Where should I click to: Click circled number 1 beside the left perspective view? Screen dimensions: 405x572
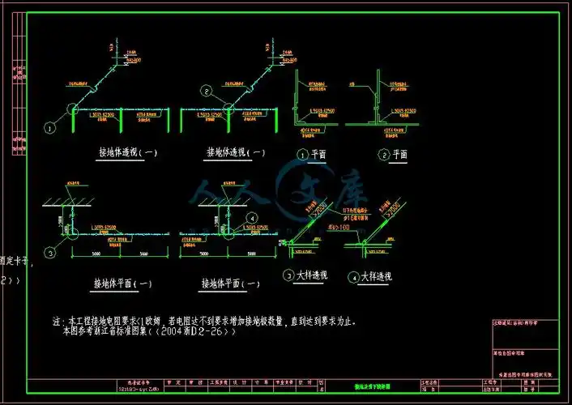(49, 128)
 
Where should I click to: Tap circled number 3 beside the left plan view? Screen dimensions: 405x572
(50, 254)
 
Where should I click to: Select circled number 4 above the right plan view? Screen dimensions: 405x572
(252, 218)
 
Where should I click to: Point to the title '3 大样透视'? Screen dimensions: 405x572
(305, 275)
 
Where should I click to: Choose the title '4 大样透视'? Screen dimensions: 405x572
(371, 277)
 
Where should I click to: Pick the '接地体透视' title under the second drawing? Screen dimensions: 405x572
(236, 151)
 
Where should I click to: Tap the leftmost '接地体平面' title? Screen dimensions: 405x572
(123, 283)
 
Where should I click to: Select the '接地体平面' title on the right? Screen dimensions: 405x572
(232, 283)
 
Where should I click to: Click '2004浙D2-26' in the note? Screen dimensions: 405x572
(194, 330)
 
